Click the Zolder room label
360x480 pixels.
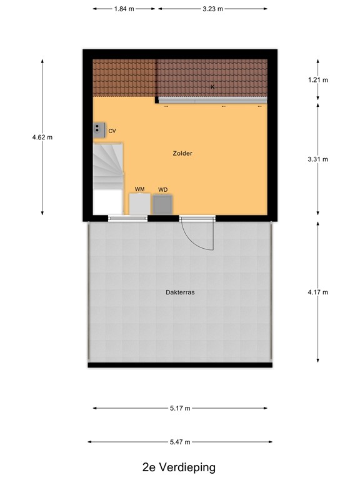pyautogui.click(x=182, y=153)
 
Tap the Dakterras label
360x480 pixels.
pyautogui.click(x=180, y=292)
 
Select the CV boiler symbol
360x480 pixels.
pyautogui.click(x=99, y=129)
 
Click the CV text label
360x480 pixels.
pyautogui.click(x=112, y=131)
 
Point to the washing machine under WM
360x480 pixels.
pyautogui.click(x=139, y=204)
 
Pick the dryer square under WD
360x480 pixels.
pyautogui.click(x=162, y=204)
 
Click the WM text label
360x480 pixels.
pyautogui.click(x=139, y=189)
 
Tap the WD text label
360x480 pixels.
pyautogui.click(x=162, y=189)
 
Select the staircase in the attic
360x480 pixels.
pyautogui.click(x=107, y=166)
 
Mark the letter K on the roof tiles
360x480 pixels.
pyautogui.click(x=212, y=87)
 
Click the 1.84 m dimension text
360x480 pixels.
pyautogui.click(x=124, y=9)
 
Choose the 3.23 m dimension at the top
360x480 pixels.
pyautogui.click(x=212, y=9)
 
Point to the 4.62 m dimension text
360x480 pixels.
pyautogui.click(x=42, y=137)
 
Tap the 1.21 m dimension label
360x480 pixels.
pyautogui.click(x=318, y=80)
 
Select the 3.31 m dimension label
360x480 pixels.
pyautogui.click(x=318, y=159)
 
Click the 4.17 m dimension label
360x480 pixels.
pyautogui.click(x=318, y=292)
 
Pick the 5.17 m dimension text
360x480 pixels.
pyautogui.click(x=180, y=408)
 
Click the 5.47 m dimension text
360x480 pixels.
pyautogui.click(x=180, y=442)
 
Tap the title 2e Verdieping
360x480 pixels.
pyautogui.click(x=179, y=467)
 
